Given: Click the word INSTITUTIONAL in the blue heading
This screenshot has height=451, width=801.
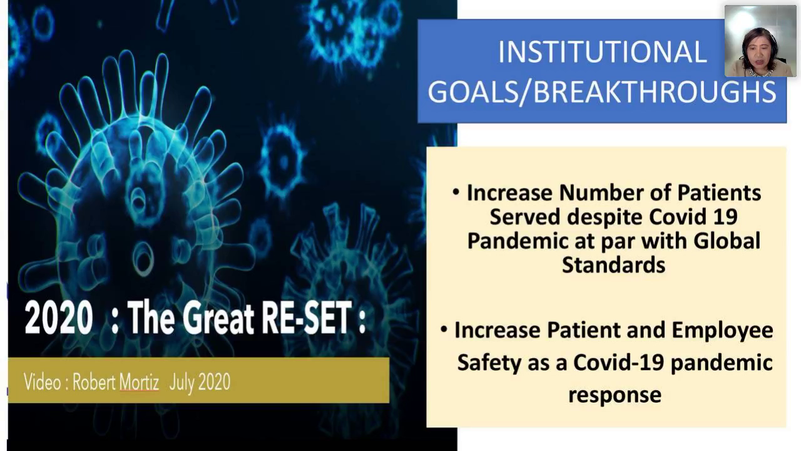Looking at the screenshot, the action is (603, 52).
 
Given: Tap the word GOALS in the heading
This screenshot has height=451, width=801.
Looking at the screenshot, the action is (472, 92).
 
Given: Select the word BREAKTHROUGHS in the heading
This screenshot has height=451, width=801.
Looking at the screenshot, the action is (655, 92).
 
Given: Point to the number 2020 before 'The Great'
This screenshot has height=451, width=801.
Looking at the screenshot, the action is (59, 318).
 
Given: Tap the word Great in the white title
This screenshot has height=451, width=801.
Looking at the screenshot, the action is (218, 318).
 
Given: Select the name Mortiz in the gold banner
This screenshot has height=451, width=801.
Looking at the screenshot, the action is (139, 382).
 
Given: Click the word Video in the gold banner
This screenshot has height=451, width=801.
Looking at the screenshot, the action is (43, 382).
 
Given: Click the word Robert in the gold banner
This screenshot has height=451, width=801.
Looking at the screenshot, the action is (93, 382).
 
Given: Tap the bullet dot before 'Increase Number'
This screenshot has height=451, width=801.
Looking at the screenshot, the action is (456, 193).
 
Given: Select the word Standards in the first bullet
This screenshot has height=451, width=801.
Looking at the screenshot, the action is (614, 264).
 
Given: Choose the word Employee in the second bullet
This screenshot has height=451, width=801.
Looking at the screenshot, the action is (723, 331).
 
